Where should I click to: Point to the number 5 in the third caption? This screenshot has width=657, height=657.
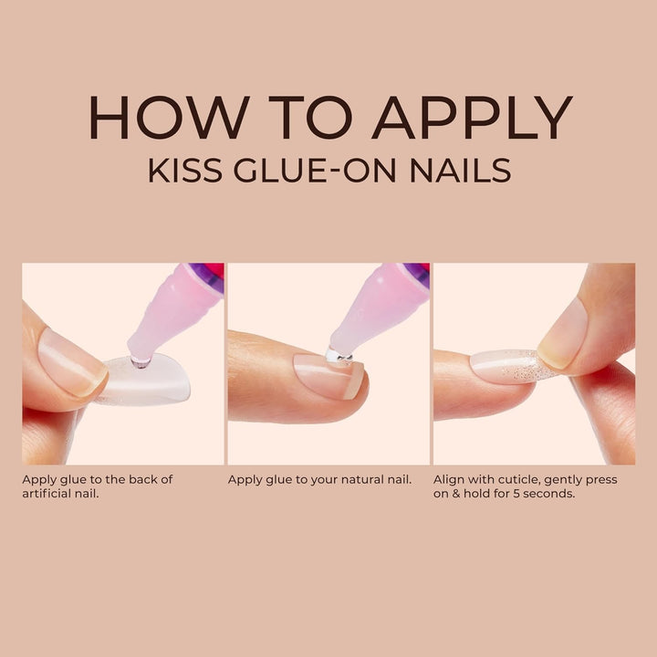point(523,494)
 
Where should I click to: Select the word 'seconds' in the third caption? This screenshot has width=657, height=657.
point(556,494)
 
